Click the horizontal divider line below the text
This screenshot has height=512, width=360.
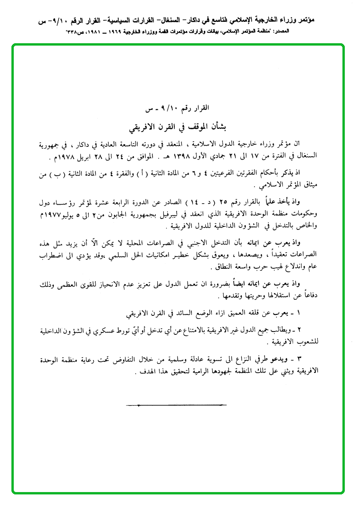[x=177, y=405]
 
